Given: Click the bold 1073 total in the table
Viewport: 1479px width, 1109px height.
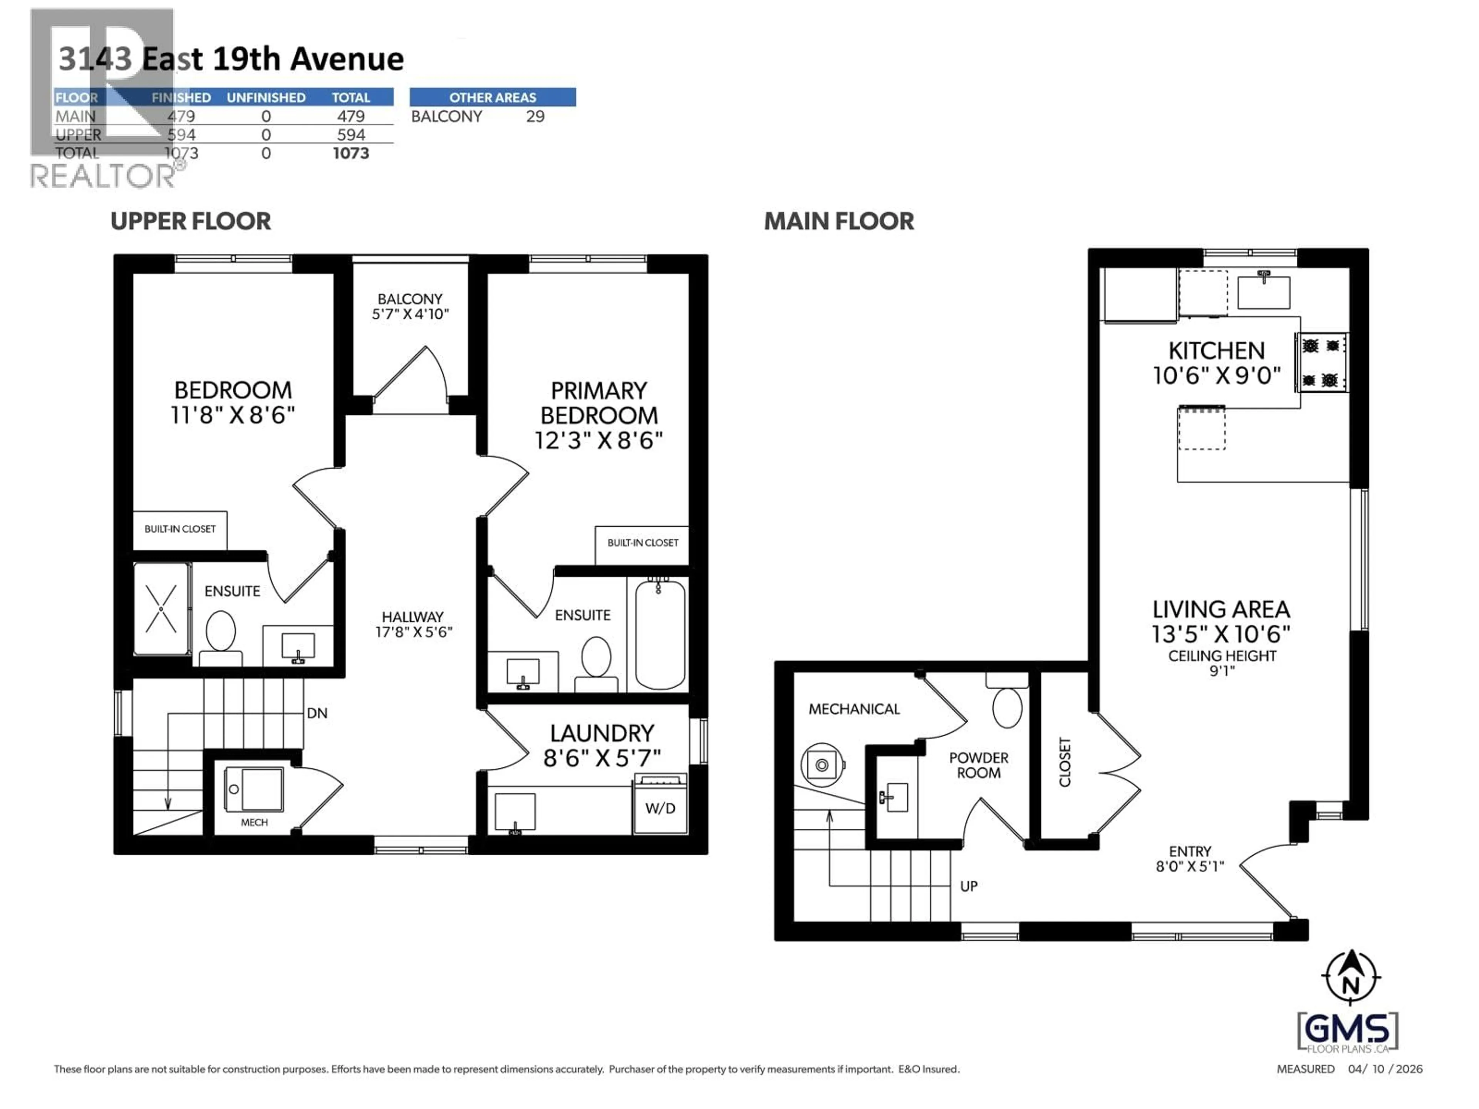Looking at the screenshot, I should [350, 153].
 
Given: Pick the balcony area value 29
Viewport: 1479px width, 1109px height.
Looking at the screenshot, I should [535, 116].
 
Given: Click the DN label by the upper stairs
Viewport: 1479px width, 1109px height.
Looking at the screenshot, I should [317, 713].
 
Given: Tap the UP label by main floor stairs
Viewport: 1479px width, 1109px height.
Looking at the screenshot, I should [968, 886].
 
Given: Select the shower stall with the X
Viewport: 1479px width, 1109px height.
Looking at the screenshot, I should [161, 608].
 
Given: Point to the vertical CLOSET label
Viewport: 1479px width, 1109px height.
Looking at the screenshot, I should [1065, 762].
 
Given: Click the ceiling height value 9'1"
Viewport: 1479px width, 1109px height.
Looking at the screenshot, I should [1222, 670].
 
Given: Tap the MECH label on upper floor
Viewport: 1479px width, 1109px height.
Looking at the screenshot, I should [254, 822].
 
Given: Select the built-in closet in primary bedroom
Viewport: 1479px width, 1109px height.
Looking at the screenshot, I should [642, 543].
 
